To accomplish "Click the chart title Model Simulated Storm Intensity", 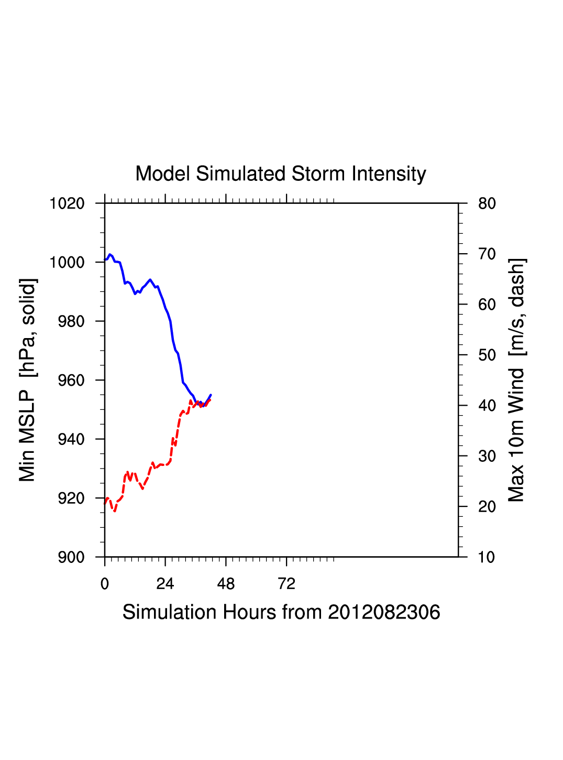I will tap(281, 173).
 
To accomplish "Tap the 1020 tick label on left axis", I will tap(67, 203).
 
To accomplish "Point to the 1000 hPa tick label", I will tap(67, 262).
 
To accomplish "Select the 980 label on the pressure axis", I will tap(71, 321).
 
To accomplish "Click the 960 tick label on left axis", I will tap(71, 381).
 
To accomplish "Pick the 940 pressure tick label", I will tap(71, 439).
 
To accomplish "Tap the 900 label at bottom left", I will tap(71, 557).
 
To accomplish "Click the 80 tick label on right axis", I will tap(487, 203).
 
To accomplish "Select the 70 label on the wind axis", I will tap(487, 254).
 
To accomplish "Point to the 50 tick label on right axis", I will tap(487, 355).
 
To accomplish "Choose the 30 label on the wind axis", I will tap(487, 457).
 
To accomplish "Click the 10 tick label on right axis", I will tap(487, 557).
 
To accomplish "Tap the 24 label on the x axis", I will tap(165, 584).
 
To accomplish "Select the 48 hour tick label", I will tap(226, 584).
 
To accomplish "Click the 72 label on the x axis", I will tap(286, 584).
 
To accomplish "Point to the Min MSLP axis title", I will tap(27, 380).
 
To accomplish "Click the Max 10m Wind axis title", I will tap(516, 380).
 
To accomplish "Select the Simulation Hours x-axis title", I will tap(281, 612).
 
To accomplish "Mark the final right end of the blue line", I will tap(211, 395).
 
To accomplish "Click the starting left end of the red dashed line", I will tap(105, 504).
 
